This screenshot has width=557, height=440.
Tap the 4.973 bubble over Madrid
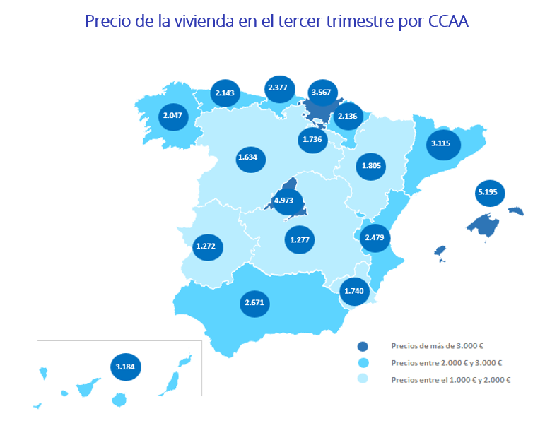point(283,201)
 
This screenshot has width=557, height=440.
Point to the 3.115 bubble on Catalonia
point(440,143)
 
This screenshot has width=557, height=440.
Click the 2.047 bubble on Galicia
point(172,115)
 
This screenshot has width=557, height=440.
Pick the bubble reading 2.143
point(226,93)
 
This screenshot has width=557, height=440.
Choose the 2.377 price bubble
point(277,88)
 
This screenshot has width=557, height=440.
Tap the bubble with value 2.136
point(347,116)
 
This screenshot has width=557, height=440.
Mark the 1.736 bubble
point(312,139)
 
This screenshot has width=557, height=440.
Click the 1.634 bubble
point(247,157)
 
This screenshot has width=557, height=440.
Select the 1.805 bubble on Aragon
point(371,166)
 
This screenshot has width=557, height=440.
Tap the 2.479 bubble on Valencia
point(375,238)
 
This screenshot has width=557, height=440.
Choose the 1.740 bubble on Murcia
point(353,290)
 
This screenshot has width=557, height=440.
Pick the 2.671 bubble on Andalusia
point(254,303)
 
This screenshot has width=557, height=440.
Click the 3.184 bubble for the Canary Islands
point(128,367)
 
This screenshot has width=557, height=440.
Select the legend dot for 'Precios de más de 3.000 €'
point(363,347)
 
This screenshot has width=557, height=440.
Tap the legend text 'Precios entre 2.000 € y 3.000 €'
point(446,363)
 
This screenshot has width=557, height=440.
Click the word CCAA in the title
point(449,20)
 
